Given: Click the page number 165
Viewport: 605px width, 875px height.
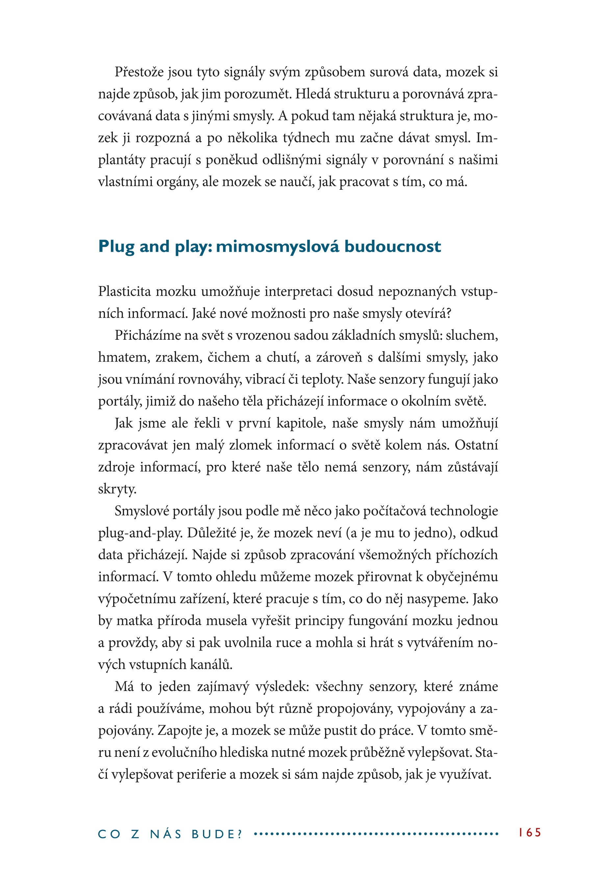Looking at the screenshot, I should click(x=530, y=833).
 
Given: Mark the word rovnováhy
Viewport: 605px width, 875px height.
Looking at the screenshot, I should click(x=209, y=379).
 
